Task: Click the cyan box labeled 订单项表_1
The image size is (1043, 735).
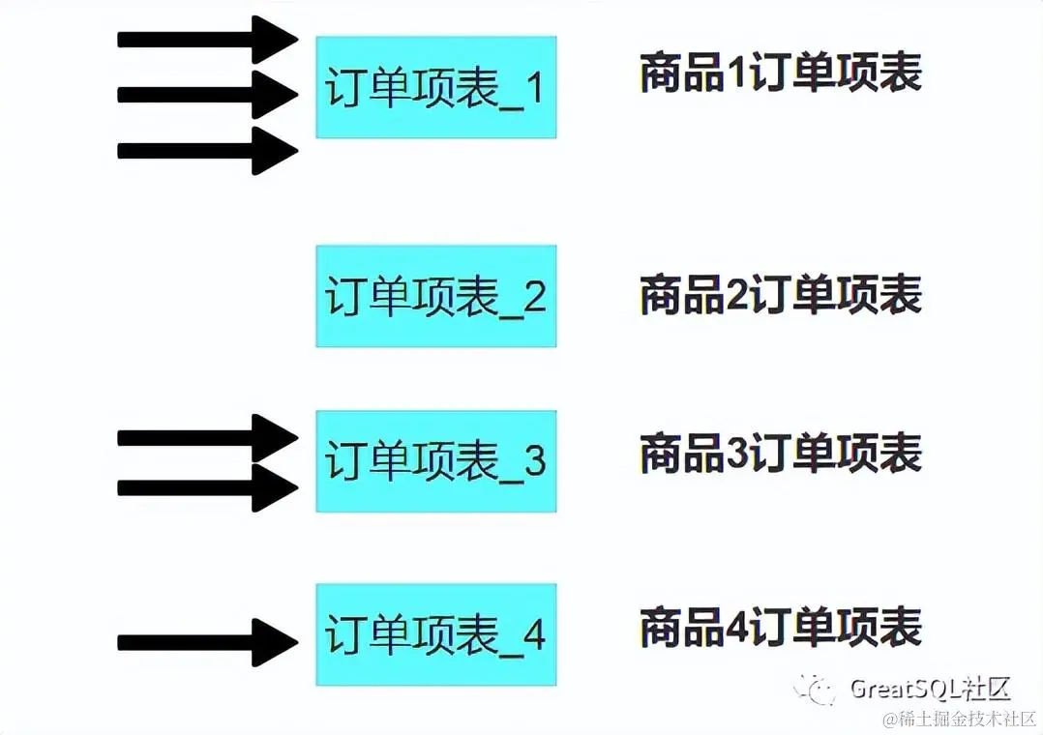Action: (435, 87)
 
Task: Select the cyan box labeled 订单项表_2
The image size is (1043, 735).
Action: (435, 296)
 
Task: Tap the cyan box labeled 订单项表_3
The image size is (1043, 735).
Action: (435, 460)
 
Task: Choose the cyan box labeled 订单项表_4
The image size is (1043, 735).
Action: (435, 634)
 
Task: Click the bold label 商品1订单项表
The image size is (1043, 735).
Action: (780, 73)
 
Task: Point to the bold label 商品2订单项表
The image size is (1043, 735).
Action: (780, 294)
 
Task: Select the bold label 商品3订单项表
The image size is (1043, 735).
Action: (780, 453)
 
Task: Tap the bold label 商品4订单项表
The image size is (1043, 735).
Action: (780, 627)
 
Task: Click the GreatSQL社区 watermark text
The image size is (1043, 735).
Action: (930, 689)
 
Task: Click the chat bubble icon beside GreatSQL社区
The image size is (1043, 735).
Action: (816, 688)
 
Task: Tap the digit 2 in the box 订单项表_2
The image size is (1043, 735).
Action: (535, 297)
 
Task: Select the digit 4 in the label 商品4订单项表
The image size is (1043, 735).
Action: (737, 628)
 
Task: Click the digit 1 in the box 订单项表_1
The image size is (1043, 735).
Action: (535, 89)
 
